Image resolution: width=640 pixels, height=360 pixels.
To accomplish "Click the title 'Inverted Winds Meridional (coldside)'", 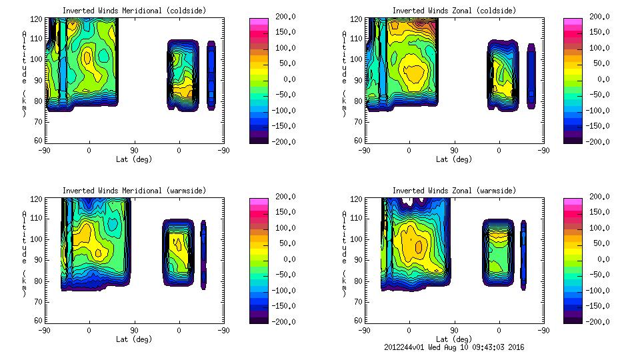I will click(134, 11).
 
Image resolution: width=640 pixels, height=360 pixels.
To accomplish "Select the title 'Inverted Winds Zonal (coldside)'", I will click(454, 11).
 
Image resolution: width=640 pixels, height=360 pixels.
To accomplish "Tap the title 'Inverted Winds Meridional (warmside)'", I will click(134, 191).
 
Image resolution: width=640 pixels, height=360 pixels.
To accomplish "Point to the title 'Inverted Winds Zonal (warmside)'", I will click(454, 191).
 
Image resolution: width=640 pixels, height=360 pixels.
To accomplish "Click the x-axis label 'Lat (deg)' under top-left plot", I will click(134, 159).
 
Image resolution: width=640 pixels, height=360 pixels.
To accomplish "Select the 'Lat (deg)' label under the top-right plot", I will click(454, 159).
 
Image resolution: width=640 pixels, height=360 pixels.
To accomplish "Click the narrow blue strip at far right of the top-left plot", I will click(211, 75).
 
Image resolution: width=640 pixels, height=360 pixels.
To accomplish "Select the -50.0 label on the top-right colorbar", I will click(598, 95).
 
